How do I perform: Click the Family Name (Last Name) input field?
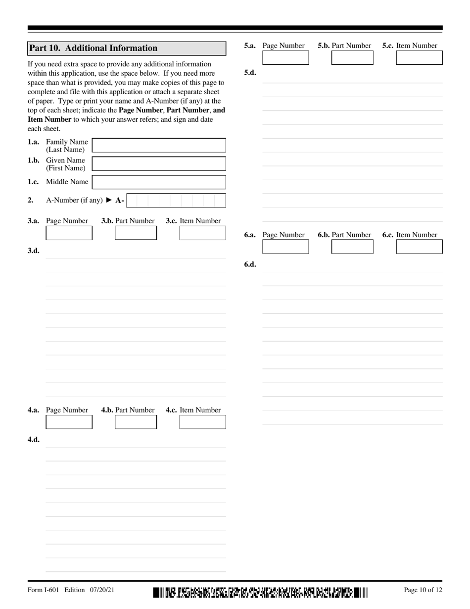[x=159, y=145]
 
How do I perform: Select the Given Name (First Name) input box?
[x=159, y=164]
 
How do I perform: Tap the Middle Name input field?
[x=159, y=182]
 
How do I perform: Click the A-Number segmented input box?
[x=176, y=201]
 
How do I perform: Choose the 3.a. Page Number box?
[x=69, y=233]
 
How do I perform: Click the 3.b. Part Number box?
[x=136, y=233]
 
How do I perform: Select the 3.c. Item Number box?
[x=202, y=233]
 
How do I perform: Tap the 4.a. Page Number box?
[x=69, y=422]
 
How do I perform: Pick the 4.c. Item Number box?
[x=202, y=422]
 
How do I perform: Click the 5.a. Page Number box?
[x=285, y=58]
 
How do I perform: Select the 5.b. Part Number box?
[x=352, y=58]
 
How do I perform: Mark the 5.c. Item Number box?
[x=419, y=58]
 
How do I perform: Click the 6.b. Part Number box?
[x=352, y=247]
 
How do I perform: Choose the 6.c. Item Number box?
[x=419, y=247]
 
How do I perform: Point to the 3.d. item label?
[x=34, y=251]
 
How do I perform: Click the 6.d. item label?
[x=250, y=264]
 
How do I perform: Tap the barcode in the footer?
[x=260, y=592]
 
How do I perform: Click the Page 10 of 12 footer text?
[x=423, y=590]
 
